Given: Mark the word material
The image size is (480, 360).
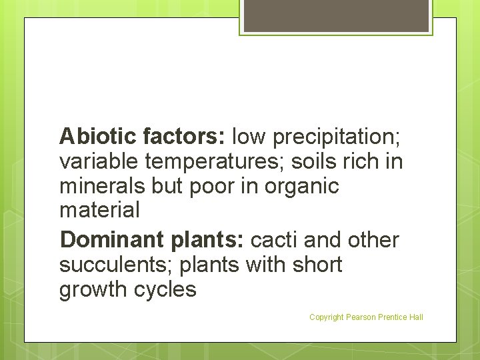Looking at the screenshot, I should (100, 211).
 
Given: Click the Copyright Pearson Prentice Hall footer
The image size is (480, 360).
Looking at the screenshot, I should (366, 317).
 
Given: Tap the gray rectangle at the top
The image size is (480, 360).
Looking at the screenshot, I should (336, 15).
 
